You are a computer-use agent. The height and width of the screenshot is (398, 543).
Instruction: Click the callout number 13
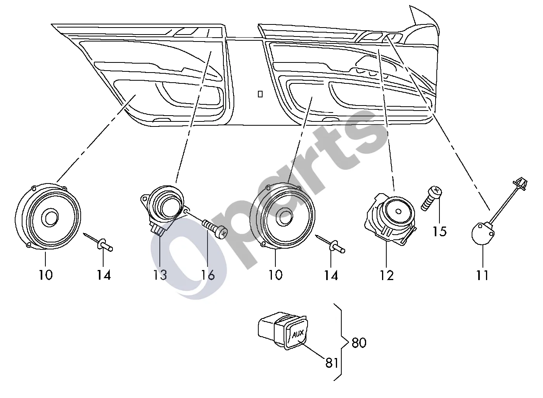pos(160,275)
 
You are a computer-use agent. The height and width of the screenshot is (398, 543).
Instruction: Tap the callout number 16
pos(208,275)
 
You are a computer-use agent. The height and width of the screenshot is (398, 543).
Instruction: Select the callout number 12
pos(387,275)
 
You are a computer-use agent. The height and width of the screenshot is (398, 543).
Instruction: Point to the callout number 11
pos(482,275)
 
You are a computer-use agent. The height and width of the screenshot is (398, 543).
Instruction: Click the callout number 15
pos(439,231)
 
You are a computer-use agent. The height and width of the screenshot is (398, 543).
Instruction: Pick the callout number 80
pos(359,343)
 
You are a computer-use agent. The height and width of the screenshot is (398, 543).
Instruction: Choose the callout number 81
pos(332,363)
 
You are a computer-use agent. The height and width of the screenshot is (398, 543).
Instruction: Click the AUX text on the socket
pos(298,334)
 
